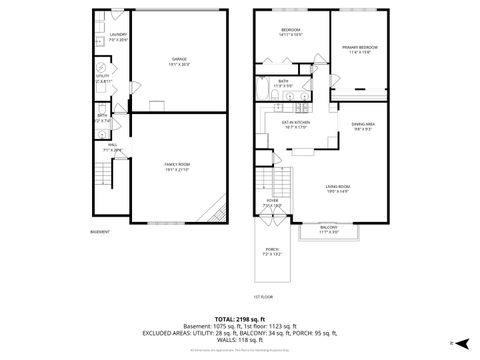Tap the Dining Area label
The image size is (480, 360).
363,125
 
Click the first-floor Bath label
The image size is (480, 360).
283,83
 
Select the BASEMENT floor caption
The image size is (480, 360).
100,232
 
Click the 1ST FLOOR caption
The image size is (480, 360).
263,297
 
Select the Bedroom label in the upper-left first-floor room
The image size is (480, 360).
292,32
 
